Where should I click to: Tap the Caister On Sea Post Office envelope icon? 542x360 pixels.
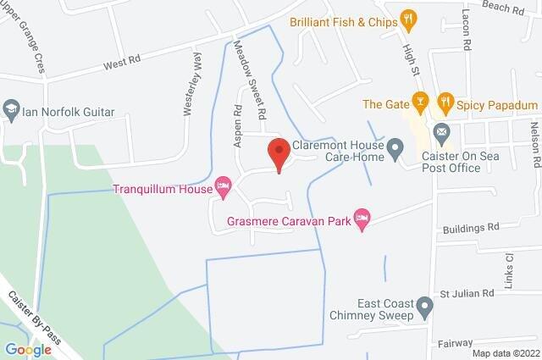click(440, 133)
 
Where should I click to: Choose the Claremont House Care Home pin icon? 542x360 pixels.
click(395, 150)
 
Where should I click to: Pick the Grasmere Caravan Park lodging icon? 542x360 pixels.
click(362, 219)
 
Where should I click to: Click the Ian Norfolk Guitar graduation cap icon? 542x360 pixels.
click(10, 110)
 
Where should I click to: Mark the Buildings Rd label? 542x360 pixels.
click(472, 227)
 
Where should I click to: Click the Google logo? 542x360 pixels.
click(28, 349)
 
